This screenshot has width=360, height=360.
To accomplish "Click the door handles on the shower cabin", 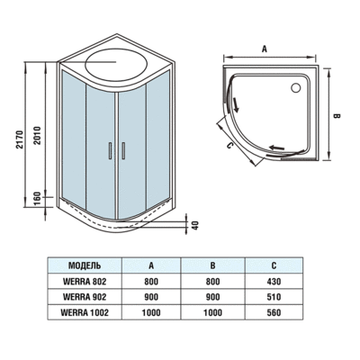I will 112,150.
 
